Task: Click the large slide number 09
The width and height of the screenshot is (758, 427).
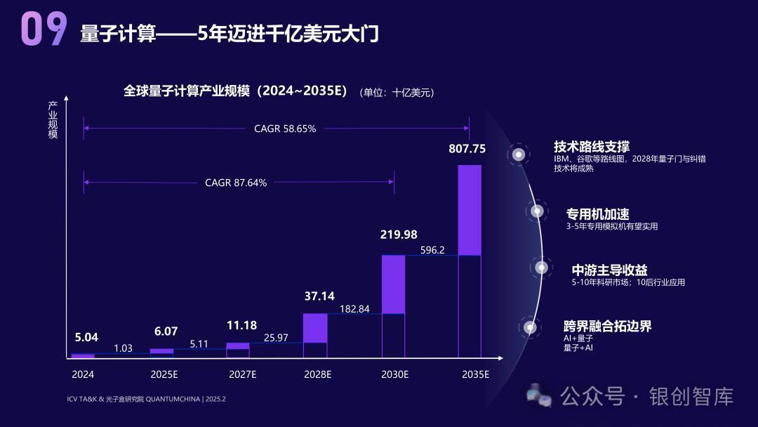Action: click(44, 29)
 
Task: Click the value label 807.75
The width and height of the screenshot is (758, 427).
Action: click(467, 149)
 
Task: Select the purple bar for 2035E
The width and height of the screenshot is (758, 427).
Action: click(470, 210)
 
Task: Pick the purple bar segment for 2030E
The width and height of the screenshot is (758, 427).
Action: click(393, 284)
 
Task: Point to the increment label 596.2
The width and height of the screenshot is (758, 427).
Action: click(432, 249)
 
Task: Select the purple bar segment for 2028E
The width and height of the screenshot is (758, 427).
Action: click(315, 327)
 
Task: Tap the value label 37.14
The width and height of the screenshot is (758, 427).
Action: click(319, 296)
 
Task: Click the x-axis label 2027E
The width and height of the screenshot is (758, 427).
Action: click(243, 374)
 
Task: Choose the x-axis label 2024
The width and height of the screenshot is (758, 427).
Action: click(83, 374)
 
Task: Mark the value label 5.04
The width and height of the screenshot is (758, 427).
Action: click(87, 337)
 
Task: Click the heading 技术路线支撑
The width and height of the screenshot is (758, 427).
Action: click(592, 147)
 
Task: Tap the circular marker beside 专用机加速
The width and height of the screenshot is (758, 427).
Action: click(537, 210)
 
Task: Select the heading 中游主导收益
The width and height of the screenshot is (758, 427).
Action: click(609, 270)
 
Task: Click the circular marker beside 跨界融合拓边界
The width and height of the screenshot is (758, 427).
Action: click(530, 327)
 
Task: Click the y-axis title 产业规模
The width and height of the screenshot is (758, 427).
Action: click(53, 120)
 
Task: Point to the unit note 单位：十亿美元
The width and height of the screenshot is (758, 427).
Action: click(397, 93)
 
